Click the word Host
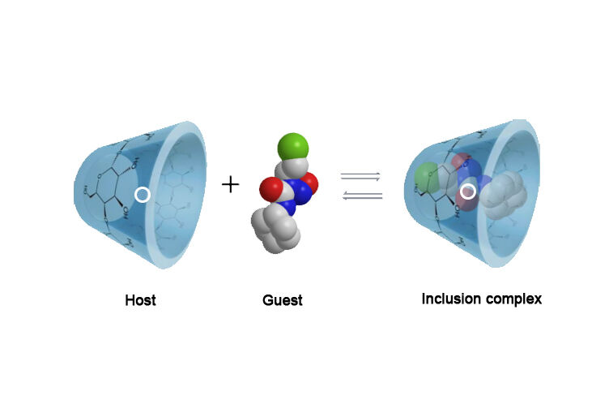point(140,300)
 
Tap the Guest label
point(283,300)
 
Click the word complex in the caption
point(514,299)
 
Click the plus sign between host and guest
point(231,185)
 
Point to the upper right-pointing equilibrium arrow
point(360,176)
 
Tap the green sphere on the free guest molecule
point(292,148)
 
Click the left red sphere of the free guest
point(271,191)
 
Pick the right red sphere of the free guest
point(309,183)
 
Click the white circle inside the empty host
point(142,195)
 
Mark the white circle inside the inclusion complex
point(467,192)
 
